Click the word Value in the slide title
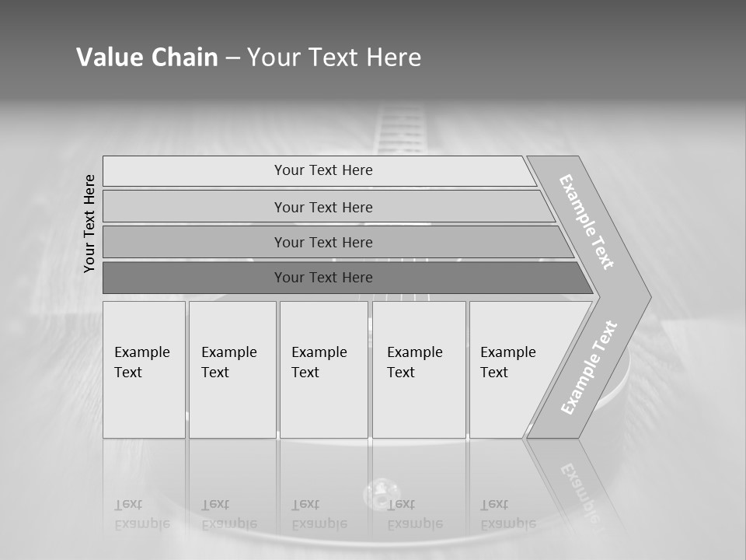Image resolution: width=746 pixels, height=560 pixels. (x=108, y=58)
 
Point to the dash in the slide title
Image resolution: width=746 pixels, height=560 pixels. (x=232, y=58)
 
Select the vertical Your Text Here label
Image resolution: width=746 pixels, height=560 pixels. (x=90, y=223)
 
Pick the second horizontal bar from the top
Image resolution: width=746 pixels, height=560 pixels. (x=323, y=207)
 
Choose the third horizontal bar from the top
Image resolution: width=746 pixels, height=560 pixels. (x=323, y=242)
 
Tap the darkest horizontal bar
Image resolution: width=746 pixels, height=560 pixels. (x=323, y=278)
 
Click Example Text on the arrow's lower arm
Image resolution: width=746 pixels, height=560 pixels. (x=588, y=368)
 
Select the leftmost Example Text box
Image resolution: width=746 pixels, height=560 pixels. (x=144, y=369)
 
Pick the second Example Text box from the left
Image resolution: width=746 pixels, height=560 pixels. (x=232, y=369)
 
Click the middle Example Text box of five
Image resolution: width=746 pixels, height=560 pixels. (x=323, y=369)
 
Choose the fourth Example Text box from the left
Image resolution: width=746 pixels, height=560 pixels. (x=419, y=369)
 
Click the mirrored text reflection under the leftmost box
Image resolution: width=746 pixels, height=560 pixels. (x=141, y=514)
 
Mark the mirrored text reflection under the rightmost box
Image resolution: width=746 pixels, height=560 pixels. (x=507, y=514)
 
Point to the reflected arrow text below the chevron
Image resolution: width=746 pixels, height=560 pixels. (x=578, y=490)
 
